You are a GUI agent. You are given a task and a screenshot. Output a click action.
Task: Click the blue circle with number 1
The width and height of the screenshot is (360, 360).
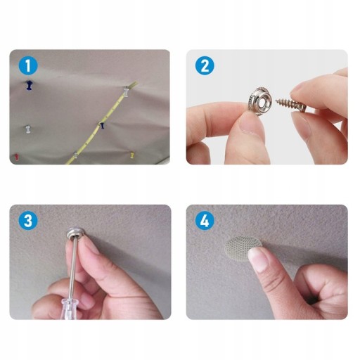click(28, 66)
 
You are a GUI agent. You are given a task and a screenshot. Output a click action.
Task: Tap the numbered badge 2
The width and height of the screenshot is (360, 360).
click(205, 66)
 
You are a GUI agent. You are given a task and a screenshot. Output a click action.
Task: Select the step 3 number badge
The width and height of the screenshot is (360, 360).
click(28, 221)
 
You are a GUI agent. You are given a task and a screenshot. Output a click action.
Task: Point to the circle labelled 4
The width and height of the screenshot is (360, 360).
click(205, 221)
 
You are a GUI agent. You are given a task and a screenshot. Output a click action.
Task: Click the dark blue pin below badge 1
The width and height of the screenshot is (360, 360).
click(29, 85)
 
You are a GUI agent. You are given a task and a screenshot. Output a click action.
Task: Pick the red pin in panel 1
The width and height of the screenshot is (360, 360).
click(16, 157)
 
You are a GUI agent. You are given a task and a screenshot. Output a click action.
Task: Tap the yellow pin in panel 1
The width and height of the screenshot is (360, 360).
click(132, 155)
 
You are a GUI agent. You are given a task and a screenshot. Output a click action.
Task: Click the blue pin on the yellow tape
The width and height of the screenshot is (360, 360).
click(102, 125)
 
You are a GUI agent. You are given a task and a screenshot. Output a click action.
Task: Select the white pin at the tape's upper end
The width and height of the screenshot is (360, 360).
click(127, 91)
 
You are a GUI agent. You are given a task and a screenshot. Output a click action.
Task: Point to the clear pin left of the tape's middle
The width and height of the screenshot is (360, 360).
click(28, 129)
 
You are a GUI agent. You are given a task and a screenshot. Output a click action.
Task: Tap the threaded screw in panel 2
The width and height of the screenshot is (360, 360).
click(290, 105)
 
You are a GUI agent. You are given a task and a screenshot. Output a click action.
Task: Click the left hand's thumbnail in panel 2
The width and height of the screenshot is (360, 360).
click(248, 123)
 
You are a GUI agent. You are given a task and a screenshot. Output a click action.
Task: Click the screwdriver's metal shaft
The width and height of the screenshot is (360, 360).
click(73, 267)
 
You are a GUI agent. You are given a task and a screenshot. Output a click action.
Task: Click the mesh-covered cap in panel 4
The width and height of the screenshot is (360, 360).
click(242, 248)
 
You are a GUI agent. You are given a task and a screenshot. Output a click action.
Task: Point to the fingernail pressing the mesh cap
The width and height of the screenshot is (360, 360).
click(258, 259)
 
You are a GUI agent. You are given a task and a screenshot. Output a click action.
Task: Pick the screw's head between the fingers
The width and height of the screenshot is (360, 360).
click(303, 108)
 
